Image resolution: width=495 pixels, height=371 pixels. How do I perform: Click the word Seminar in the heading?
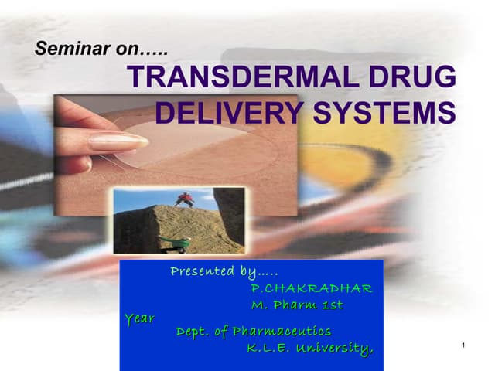tap(63, 49)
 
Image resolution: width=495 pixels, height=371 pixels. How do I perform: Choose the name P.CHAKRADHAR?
tap(312, 288)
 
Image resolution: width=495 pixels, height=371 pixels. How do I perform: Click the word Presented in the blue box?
tap(201, 271)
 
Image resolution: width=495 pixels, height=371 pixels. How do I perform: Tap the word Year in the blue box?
tap(139, 318)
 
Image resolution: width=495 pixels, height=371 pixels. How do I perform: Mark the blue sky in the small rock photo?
tap(147, 196)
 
